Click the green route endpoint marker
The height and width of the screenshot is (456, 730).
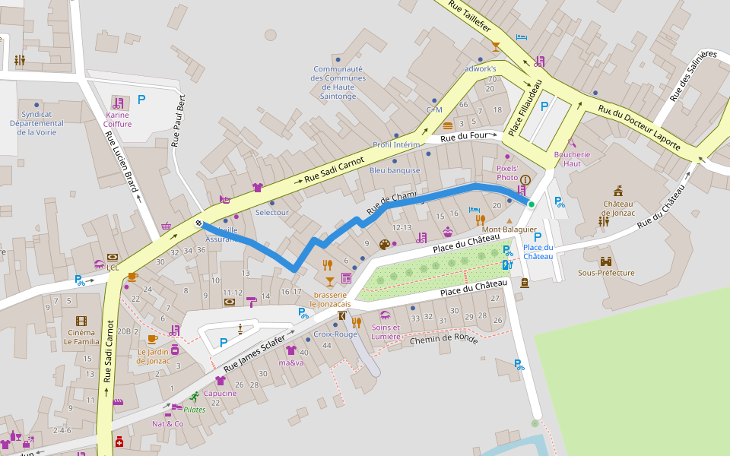(x=531, y=204)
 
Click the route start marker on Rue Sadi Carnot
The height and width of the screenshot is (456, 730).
(x=198, y=223)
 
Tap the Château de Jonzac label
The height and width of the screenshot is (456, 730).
(x=617, y=208)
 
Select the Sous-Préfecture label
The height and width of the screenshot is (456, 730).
(x=606, y=272)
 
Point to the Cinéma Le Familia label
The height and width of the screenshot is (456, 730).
(x=81, y=337)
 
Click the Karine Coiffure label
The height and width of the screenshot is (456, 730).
(x=118, y=119)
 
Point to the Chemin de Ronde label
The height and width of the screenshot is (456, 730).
(x=443, y=340)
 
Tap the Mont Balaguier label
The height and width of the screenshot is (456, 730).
(x=509, y=230)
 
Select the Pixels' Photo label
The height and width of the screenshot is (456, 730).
(x=506, y=173)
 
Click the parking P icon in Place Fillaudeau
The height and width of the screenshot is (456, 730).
(x=544, y=106)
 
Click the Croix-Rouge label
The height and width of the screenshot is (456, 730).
(x=335, y=334)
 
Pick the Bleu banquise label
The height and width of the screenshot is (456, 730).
(x=395, y=170)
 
